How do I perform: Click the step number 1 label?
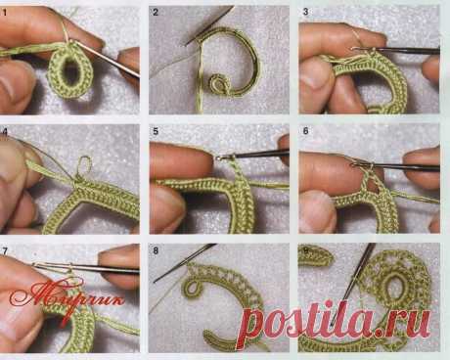4,14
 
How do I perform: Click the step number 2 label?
156,13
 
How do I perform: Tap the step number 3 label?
305,12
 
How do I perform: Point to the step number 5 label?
156,131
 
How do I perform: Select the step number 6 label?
305,131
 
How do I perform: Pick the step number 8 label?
156,250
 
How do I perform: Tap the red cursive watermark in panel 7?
67,297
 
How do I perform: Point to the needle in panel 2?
209,25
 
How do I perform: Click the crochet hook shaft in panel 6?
400,167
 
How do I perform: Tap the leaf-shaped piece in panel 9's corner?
316,255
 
